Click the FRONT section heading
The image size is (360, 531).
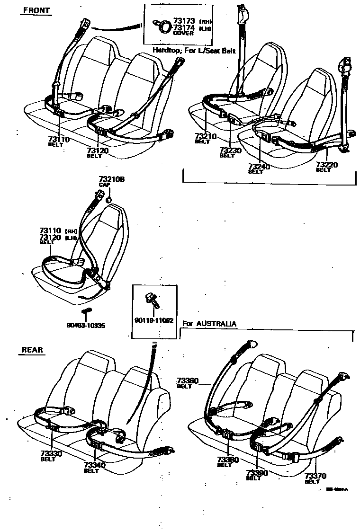[x=36, y=10]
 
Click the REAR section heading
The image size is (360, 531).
[x=33, y=350]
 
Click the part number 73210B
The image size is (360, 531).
[x=111, y=179]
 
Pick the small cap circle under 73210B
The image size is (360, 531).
[x=108, y=200]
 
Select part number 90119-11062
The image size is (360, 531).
[x=154, y=320]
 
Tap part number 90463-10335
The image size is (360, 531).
[x=86, y=326]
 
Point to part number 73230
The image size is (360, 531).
[x=231, y=150]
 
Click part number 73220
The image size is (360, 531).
[x=327, y=165]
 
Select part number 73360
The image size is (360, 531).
[x=188, y=381]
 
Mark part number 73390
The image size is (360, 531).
[x=257, y=473]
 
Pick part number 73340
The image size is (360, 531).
[x=94, y=465]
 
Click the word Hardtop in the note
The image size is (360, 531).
[x=166, y=50]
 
